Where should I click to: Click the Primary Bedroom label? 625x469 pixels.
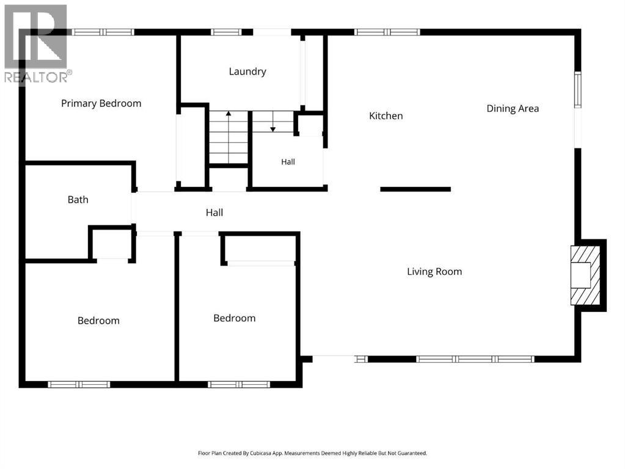pos(101,104)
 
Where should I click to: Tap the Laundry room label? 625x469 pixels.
pos(247,71)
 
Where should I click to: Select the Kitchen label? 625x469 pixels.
pos(386,116)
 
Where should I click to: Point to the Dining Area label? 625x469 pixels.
pos(513,109)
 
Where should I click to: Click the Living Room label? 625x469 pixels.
pos(434,272)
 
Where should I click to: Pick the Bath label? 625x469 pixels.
pos(78,200)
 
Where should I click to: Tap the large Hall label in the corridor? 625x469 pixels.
pos(214,213)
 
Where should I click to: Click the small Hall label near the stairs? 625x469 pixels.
pos(288,162)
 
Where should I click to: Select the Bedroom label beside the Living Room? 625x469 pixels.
pos(235,318)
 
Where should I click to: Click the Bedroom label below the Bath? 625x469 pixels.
pos(98,321)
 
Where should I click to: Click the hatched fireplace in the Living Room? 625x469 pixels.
pos(585,275)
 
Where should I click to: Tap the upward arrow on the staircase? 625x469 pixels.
pos(228,137)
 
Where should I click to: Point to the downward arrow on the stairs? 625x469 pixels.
pos(273,121)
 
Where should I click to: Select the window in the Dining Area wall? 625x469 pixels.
pos(577,90)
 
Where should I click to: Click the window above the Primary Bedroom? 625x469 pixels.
pos(103,32)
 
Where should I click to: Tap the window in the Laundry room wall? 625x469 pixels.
pos(226,32)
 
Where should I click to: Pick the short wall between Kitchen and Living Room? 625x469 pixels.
pos(415,189)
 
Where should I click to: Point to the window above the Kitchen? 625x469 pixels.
pos(387,32)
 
